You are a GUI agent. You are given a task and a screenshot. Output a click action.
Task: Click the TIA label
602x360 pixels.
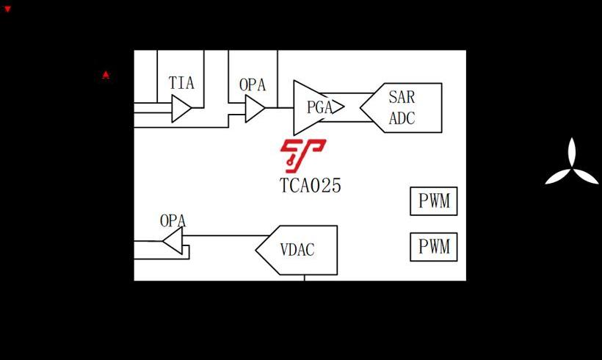[x=181, y=82]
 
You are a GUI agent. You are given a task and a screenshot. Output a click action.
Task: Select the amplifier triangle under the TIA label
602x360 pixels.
[x=181, y=109]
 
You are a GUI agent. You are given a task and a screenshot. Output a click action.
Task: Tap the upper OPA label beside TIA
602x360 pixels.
[x=253, y=84]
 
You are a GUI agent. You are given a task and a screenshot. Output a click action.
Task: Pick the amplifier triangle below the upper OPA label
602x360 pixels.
[x=254, y=109]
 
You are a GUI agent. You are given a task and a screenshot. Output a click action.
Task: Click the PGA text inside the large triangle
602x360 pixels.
[x=319, y=107]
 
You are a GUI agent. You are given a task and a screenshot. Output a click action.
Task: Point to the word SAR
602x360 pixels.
[x=402, y=97]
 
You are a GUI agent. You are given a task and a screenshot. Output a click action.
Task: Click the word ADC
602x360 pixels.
[x=402, y=118]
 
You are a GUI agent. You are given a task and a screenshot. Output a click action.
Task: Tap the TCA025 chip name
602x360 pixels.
[x=311, y=185]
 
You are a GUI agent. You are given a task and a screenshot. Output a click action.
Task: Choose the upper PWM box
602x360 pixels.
[x=433, y=201]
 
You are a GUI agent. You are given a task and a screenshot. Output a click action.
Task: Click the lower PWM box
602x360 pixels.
[x=433, y=247]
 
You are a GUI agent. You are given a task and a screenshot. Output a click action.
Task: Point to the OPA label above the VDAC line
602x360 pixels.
[x=173, y=220]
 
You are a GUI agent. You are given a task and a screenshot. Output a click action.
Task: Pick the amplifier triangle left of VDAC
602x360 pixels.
[x=173, y=240]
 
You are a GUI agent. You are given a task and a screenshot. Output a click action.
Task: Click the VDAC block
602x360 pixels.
[x=298, y=250]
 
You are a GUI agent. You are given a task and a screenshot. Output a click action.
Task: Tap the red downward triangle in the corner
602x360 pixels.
[x=8, y=9]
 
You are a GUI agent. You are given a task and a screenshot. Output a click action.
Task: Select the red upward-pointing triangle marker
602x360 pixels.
[x=106, y=74]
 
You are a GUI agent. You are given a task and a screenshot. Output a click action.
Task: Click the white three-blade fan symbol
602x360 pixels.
[x=571, y=165]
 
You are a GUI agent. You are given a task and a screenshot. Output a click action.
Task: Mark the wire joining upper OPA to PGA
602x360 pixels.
[x=279, y=108]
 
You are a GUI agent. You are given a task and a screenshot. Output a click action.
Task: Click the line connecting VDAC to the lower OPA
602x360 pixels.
[x=220, y=236]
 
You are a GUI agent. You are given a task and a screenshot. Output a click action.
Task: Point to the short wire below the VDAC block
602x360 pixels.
[x=305, y=277]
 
